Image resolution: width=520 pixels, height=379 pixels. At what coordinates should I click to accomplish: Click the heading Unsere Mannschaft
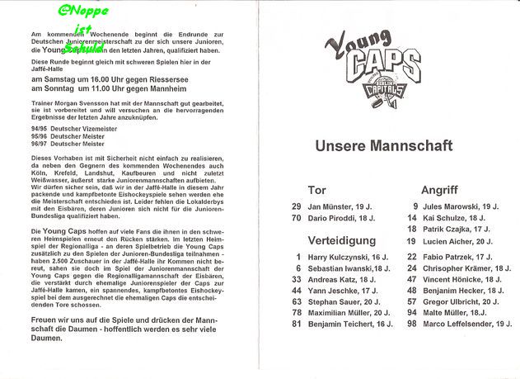pyautogui.click(x=383, y=146)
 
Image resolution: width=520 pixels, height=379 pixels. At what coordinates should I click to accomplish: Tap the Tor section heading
pyautogui.click(x=316, y=190)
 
